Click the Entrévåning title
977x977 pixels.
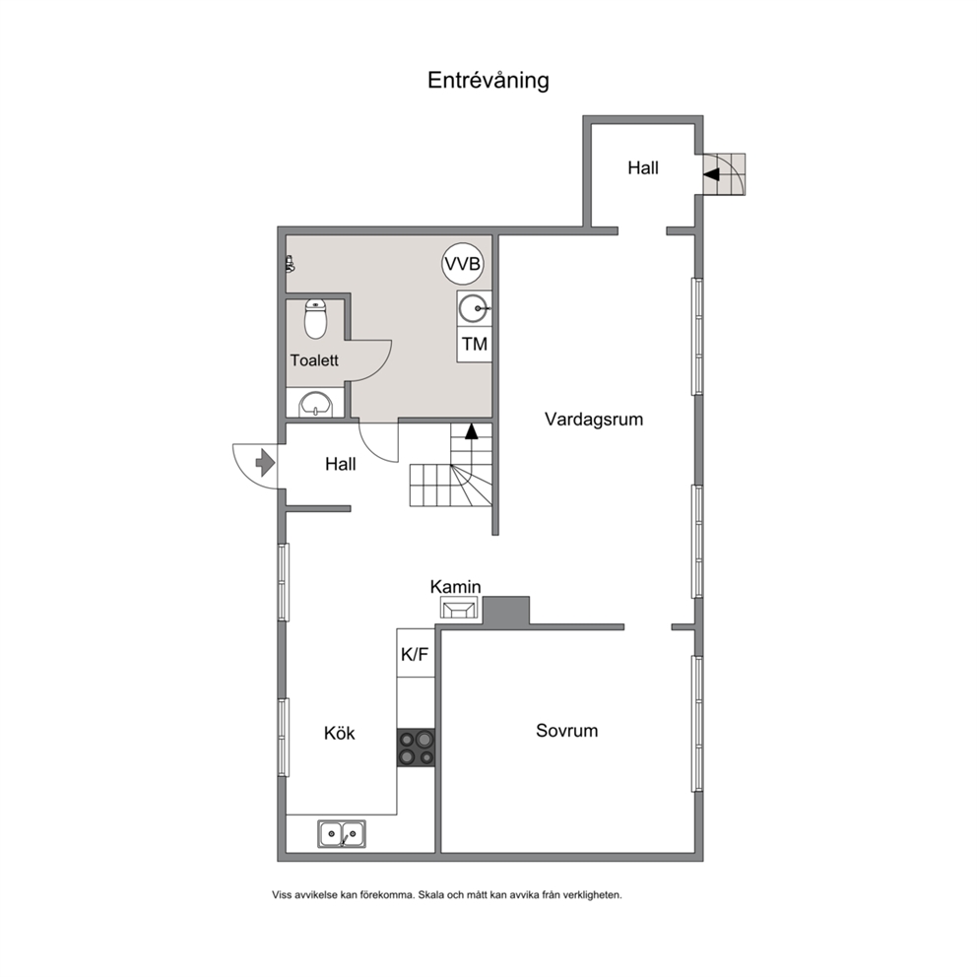point(488,81)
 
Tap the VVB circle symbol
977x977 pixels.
point(463,264)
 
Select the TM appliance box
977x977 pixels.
point(474,344)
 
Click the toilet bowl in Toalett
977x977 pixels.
point(316,319)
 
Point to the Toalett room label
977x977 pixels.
point(314,360)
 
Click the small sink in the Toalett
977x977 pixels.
point(316,404)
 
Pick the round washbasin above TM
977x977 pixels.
point(474,308)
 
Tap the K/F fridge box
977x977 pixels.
point(415,654)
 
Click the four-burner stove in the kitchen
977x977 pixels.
point(417,748)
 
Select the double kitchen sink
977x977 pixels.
point(342,833)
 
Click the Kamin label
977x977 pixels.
point(455,587)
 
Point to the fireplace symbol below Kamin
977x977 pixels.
point(459,608)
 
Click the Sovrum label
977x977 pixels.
point(567,730)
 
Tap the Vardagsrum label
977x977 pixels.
point(594,420)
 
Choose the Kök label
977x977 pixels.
point(340,733)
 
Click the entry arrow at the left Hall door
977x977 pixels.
point(266,463)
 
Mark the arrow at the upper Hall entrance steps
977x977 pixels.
point(711,174)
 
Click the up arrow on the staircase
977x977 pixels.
point(472,431)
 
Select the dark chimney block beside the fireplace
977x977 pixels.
point(506,612)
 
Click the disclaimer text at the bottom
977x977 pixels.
point(447,894)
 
